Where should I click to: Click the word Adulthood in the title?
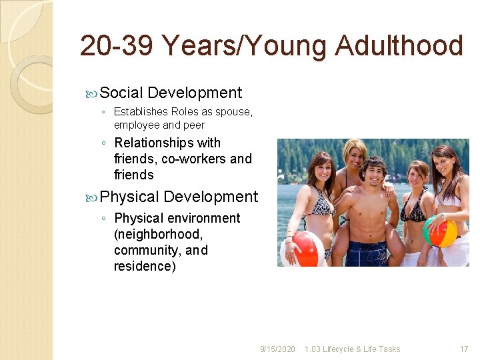click(399, 47)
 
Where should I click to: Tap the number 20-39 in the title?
click(116, 47)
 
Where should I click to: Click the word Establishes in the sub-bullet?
click(141, 111)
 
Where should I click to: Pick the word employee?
click(137, 125)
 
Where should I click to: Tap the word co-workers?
click(193, 159)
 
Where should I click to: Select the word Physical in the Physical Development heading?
click(129, 197)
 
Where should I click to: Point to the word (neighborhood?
click(158, 234)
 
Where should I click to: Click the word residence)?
click(145, 266)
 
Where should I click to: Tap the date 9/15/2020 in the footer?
click(277, 349)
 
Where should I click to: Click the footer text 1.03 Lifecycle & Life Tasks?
click(352, 349)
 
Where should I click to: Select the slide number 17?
click(464, 349)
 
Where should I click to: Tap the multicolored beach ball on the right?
click(440, 231)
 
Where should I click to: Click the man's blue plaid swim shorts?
click(365, 253)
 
